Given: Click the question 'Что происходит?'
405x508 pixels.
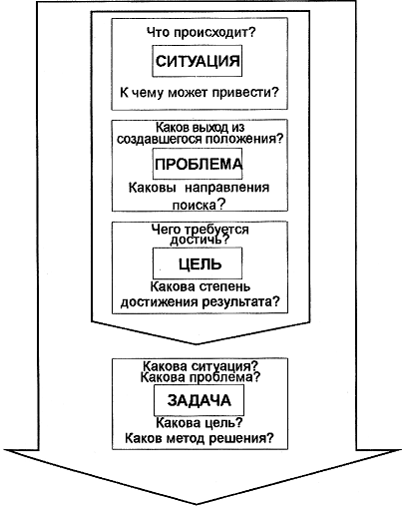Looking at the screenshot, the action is pyautogui.click(x=201, y=33).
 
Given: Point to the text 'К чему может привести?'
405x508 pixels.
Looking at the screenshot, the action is pyautogui.click(x=200, y=93).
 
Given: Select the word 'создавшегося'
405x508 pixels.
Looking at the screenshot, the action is pyautogui.click(x=160, y=139).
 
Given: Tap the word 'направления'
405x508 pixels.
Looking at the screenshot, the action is pyautogui.click(x=227, y=188).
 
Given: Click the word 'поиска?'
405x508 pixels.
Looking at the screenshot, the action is pyautogui.click(x=199, y=205).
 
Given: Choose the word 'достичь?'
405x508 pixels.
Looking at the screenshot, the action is pyautogui.click(x=200, y=240).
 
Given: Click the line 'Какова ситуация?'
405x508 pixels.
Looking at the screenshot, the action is pyautogui.click(x=201, y=366).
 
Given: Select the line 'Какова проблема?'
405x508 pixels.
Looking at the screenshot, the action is pyautogui.click(x=201, y=377).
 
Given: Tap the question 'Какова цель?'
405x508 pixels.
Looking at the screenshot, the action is pyautogui.click(x=200, y=423).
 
